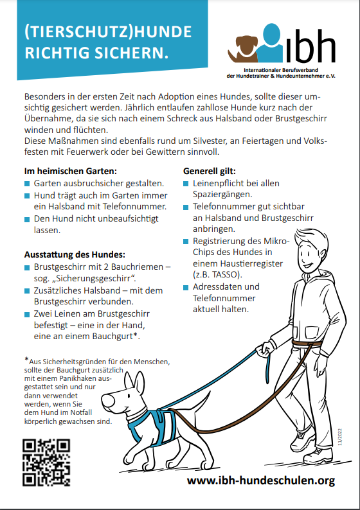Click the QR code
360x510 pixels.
point(46,462)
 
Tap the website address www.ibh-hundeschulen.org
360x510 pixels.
point(261,480)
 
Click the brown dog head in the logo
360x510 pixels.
point(246,46)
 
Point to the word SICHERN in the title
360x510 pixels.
point(133,53)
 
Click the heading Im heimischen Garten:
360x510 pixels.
point(70,171)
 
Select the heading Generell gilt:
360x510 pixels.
point(210,171)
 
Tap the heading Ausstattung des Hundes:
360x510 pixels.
point(75,254)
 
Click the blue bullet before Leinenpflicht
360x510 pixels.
point(186,184)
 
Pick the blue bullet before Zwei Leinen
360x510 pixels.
point(27,315)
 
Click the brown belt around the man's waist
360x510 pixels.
point(307,344)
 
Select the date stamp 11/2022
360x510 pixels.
point(340,437)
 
